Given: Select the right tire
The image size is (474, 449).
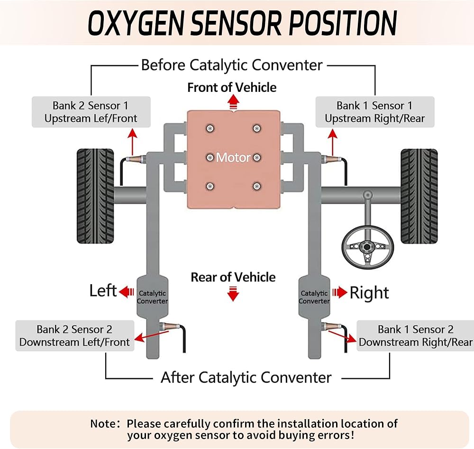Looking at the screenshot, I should pos(419,196).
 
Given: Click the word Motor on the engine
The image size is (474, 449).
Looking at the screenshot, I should pos(233,157).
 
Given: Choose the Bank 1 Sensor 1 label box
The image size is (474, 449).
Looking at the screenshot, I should pos(374,112).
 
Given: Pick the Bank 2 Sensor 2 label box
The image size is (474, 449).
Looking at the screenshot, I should pos(74,336).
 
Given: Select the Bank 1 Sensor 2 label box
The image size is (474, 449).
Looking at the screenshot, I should pos(415,336).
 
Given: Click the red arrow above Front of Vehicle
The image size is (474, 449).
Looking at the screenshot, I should pos(232,101).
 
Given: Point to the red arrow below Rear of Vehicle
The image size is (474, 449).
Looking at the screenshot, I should pos(232,295).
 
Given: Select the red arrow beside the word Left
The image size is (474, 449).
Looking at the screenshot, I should pos(127,292).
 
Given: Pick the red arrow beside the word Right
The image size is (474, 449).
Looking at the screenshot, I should pos(340,292).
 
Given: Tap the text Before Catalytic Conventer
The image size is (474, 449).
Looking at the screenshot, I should pos(232,65).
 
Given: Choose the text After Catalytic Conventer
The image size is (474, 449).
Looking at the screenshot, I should pos(246,377).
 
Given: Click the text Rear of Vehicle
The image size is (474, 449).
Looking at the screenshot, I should pos(233,277).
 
